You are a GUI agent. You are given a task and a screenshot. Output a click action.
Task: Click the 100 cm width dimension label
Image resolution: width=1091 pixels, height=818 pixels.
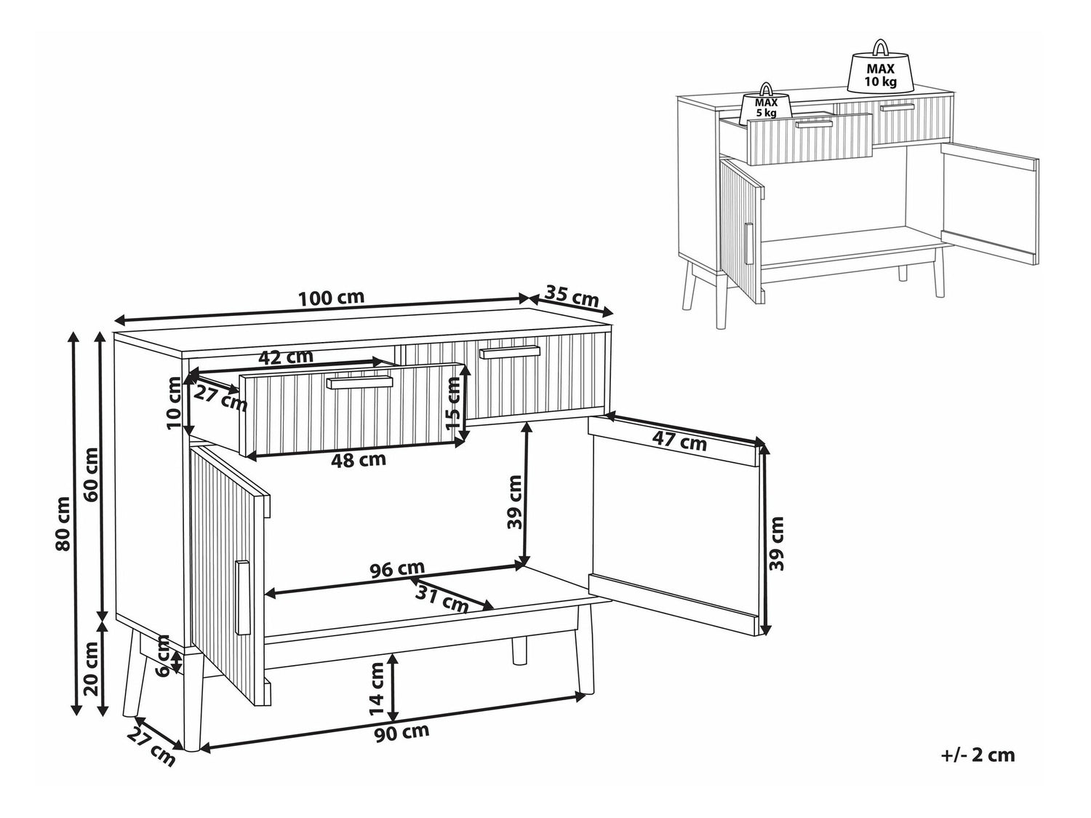pos(331,298)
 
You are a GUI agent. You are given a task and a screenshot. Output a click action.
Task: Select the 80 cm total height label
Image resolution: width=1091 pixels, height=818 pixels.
pos(63,523)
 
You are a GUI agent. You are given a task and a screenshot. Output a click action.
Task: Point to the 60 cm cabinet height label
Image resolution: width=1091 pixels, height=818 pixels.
pos(92,474)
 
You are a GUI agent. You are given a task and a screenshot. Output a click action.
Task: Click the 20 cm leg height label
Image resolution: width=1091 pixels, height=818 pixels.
pos(92,669)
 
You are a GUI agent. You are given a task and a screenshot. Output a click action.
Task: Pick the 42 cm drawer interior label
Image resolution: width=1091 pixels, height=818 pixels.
pos(287,357)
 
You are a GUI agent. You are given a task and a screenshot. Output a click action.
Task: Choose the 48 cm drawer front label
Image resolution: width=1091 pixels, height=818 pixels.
pos(359,459)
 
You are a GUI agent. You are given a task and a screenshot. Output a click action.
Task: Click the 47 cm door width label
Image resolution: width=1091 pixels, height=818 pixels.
pos(679,441)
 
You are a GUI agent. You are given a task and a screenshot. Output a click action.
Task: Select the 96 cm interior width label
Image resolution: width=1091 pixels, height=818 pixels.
pos(398,568)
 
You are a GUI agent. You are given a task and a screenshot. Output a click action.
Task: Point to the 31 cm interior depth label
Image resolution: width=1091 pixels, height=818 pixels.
pos(442,599)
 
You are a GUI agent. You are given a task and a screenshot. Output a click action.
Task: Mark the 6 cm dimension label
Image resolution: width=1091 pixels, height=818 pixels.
pos(162,656)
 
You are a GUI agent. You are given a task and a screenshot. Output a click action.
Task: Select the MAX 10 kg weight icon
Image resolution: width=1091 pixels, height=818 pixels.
pos(880,66)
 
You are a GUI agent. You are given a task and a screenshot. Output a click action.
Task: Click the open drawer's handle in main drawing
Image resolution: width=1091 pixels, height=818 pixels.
pos(360,382)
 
